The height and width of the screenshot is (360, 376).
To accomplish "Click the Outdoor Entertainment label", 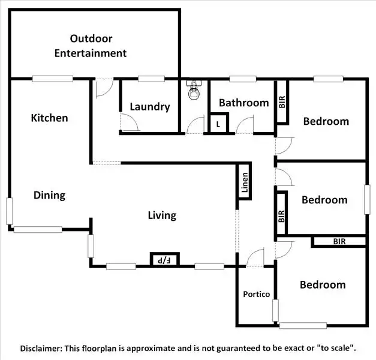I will click(91, 46).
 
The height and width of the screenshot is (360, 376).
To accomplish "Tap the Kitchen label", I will click(49, 118).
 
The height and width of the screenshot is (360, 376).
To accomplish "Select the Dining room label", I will click(49, 195).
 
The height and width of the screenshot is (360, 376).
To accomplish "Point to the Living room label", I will click(162, 215).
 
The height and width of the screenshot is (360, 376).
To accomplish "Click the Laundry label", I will click(150, 107).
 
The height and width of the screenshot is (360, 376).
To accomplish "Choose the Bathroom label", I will click(243, 103).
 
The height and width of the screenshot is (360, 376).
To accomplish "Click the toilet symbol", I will click(194, 91).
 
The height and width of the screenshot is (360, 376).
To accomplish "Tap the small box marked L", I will click(218, 124).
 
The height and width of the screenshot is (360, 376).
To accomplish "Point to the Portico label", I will click(256, 294).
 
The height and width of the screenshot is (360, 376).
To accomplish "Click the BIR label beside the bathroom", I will click(282, 101).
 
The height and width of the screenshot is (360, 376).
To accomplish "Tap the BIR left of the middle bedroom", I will click(281, 215).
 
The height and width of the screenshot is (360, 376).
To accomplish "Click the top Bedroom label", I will click(326, 121).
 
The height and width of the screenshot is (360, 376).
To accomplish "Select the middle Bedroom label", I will click(324, 200).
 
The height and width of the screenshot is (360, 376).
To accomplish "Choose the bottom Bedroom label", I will click(323, 284).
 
